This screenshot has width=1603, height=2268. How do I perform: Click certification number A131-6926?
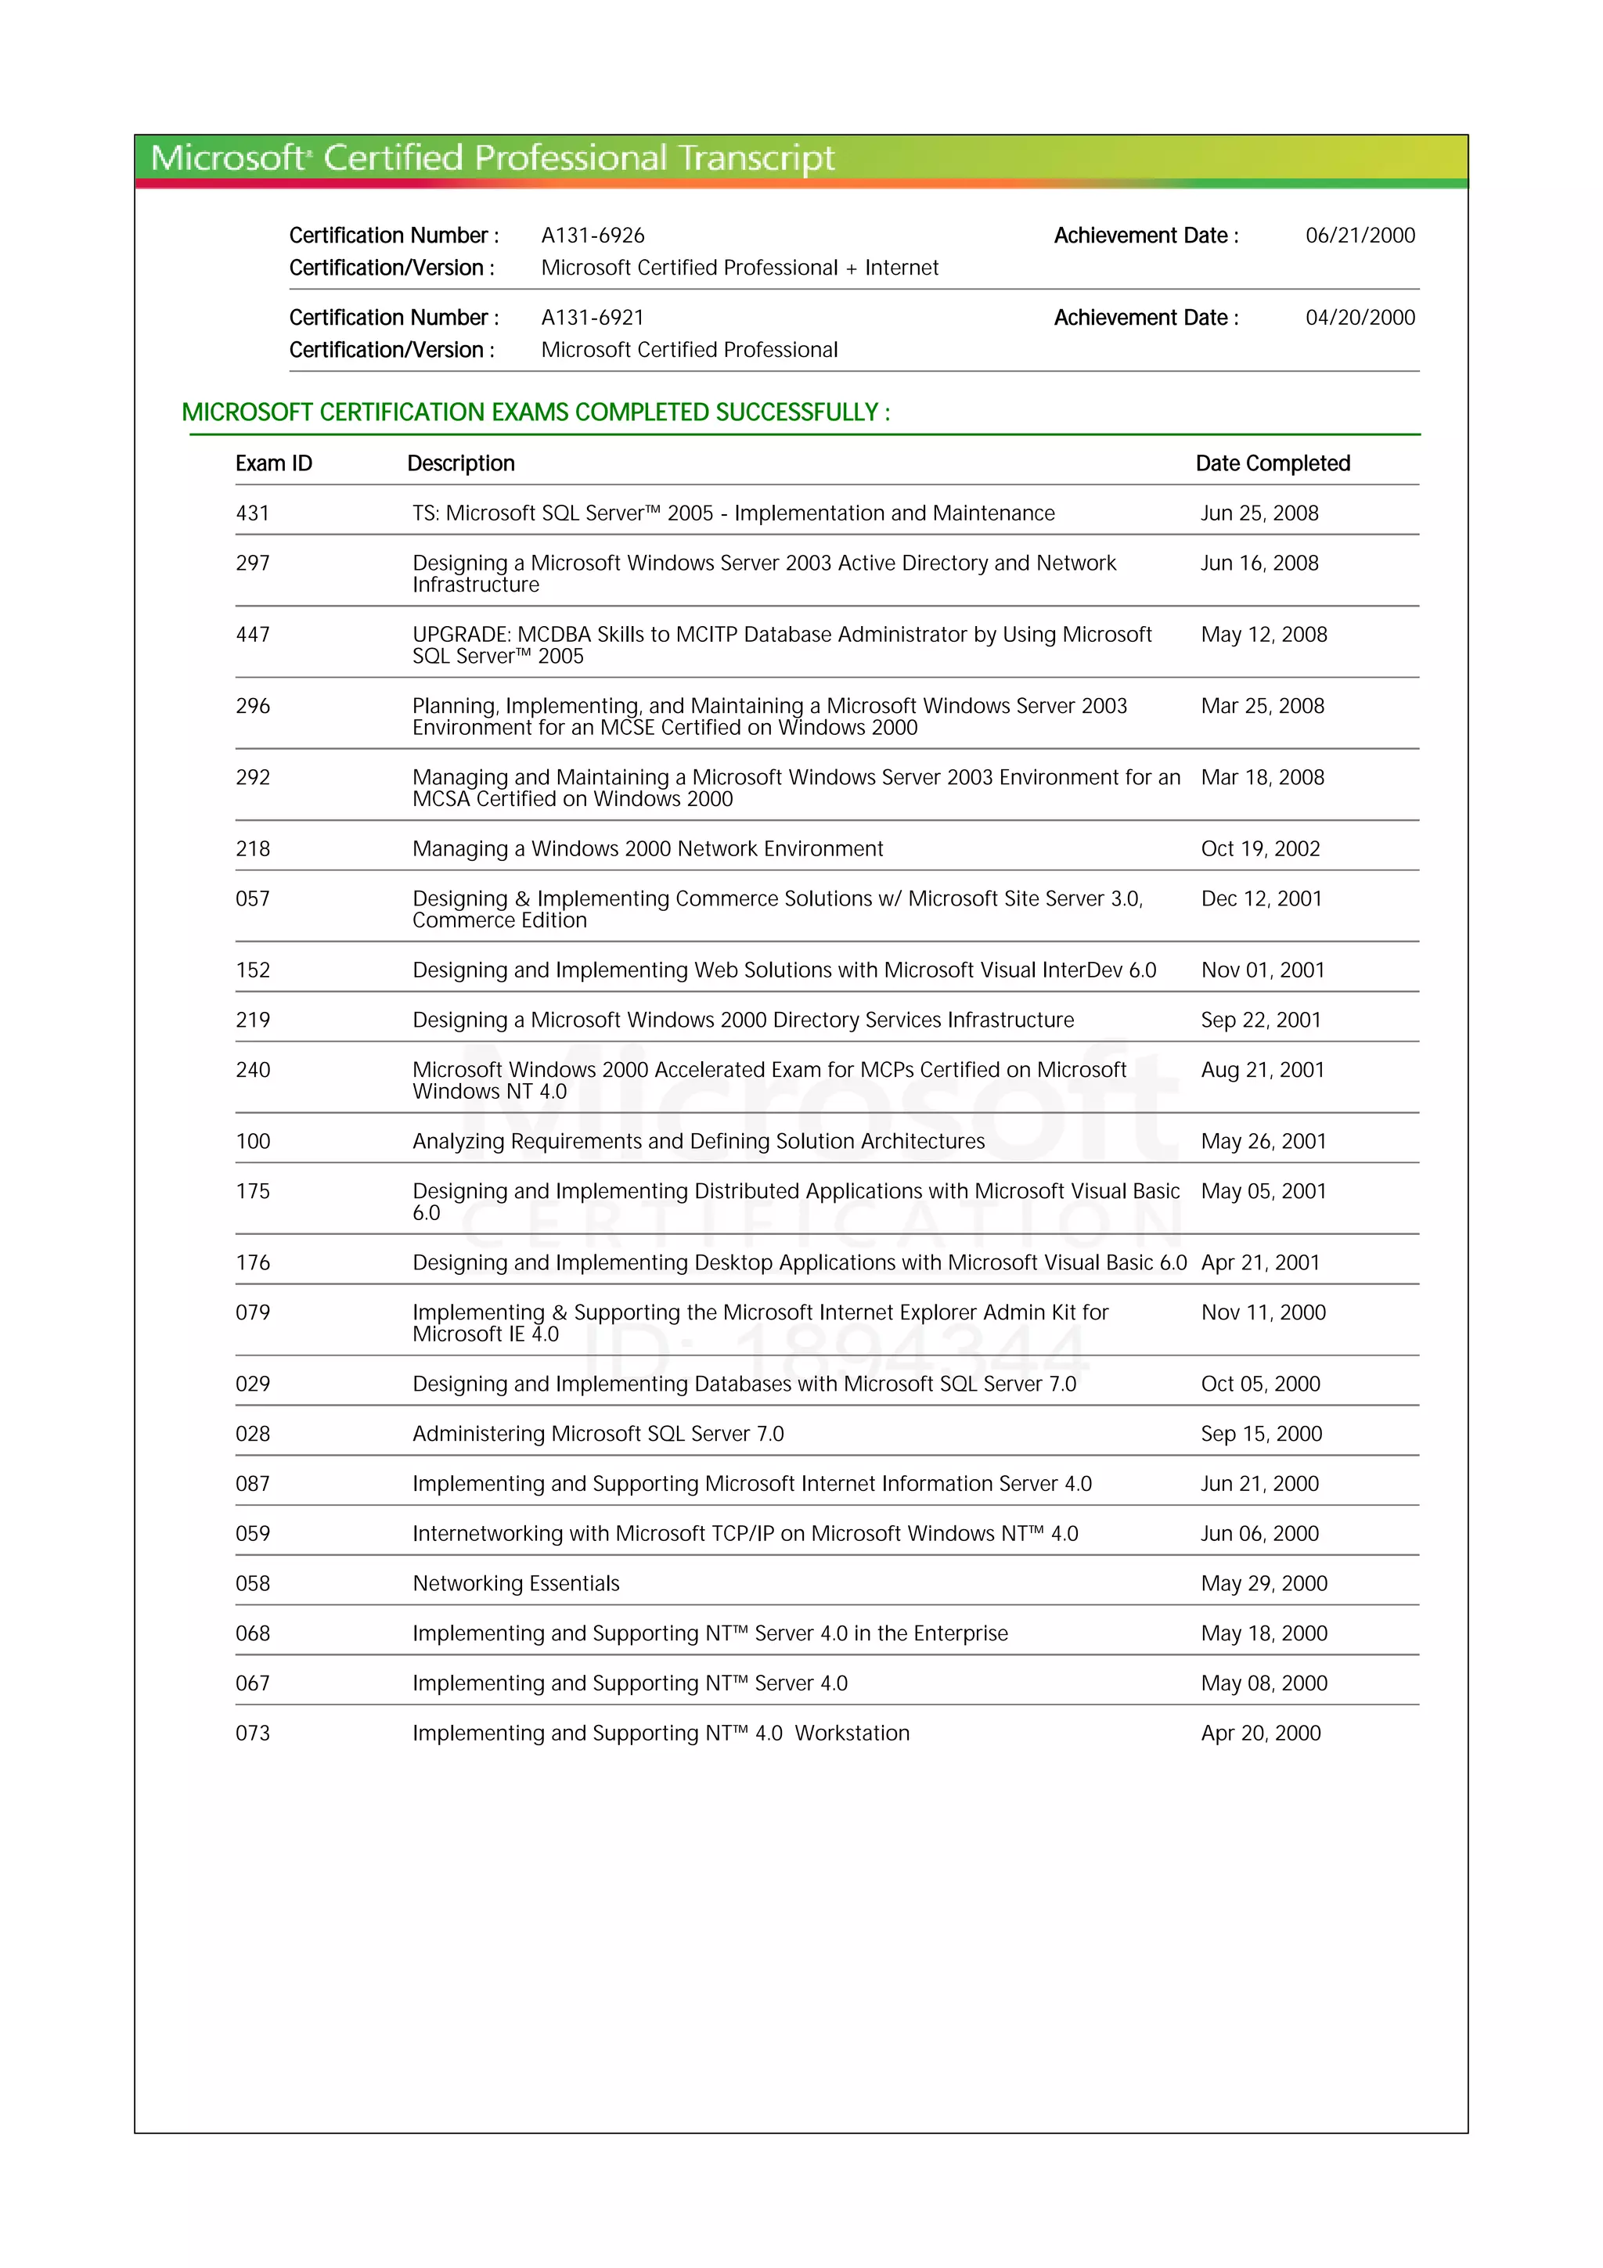coord(593,235)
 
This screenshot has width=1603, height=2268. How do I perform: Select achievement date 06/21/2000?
coord(1360,235)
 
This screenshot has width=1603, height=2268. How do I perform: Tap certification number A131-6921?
coord(593,317)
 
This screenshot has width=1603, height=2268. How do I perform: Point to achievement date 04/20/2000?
coord(1360,317)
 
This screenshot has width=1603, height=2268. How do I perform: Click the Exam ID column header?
coord(274,463)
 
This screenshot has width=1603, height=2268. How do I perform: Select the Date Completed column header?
coord(1272,463)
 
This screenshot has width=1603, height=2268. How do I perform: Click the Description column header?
coord(461,463)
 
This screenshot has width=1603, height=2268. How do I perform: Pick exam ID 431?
coord(253,513)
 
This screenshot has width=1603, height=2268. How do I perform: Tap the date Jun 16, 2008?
coord(1259,563)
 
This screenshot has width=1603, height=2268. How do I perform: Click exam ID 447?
coord(253,634)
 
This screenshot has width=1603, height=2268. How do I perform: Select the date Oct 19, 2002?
coord(1260,848)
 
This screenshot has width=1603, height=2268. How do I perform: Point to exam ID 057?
coord(253,898)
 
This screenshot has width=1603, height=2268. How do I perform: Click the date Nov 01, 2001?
coord(1263,970)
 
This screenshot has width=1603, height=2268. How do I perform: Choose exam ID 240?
coord(253,1070)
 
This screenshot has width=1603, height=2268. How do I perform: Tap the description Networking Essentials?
coord(516,1583)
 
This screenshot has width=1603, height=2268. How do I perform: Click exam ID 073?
coord(253,1733)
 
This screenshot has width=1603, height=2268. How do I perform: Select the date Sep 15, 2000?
coord(1261,1433)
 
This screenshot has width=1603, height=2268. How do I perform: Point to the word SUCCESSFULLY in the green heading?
coord(796,412)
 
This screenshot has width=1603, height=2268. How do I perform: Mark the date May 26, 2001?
coord(1263,1141)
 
